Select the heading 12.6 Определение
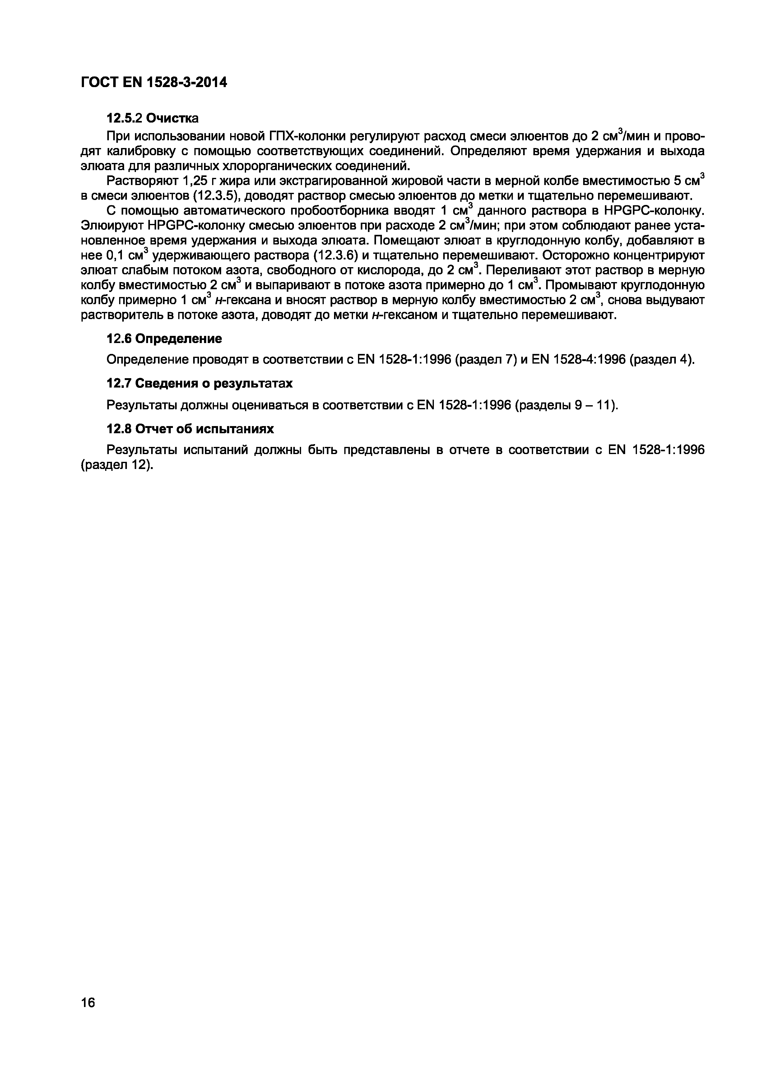164,339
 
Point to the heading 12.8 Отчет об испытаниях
190,429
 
